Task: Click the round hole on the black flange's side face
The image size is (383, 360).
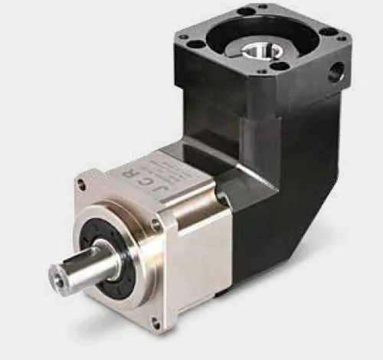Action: [336, 74]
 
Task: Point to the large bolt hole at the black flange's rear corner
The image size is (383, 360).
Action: [247, 11]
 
